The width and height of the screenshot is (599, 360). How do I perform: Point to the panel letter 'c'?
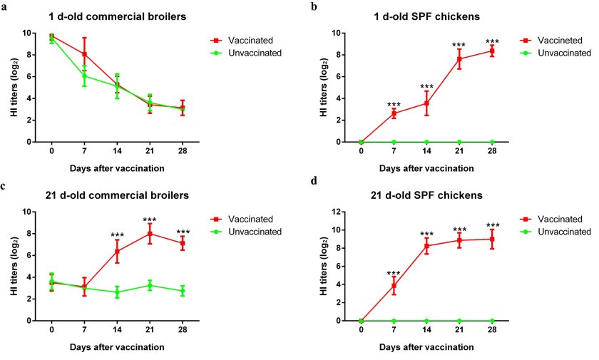click(4, 187)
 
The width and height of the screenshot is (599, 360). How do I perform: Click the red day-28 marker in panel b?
click(492, 51)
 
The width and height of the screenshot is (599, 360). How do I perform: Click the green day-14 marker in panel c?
click(117, 292)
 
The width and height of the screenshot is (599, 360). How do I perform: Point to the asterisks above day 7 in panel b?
click(394, 105)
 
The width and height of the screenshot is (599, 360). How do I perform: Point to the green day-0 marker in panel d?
click(361, 321)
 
